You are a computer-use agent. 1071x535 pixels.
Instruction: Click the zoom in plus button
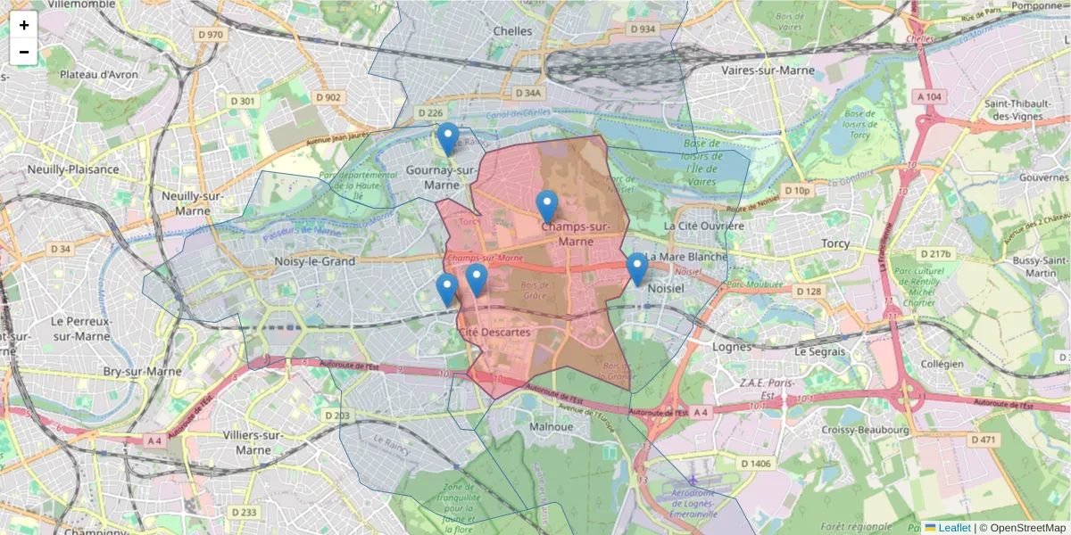(24, 25)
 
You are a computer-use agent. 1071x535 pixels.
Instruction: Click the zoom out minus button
(24, 52)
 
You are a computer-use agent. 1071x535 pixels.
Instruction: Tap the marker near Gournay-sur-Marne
(448, 139)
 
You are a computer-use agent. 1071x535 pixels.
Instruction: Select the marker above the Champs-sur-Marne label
(547, 206)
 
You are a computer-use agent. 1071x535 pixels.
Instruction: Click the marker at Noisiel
(636, 268)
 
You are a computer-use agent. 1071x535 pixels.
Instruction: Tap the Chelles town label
(512, 31)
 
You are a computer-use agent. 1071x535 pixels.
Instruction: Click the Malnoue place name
(552, 426)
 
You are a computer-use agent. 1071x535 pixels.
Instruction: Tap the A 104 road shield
(928, 96)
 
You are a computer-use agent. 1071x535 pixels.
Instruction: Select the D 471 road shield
(984, 440)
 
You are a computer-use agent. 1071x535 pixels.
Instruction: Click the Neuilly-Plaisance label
(73, 169)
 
